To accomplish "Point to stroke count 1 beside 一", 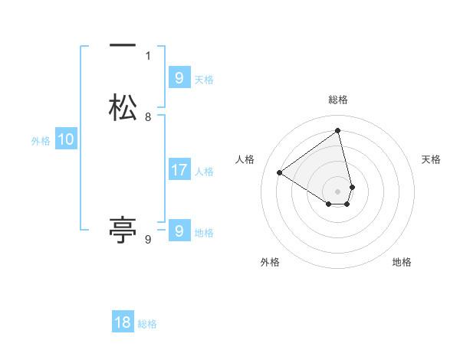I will point(148,56).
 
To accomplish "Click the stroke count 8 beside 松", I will point(148,117).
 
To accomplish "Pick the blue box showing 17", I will point(179,169).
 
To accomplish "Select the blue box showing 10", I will point(66,139).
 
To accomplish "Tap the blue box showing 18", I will point(123,322).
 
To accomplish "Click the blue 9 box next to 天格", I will point(179,77).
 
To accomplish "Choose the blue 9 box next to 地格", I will point(179,231).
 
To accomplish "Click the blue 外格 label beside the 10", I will point(41,141).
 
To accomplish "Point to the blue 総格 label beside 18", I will point(147,324).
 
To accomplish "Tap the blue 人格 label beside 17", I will point(204,172).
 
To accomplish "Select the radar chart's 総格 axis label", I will point(338,100).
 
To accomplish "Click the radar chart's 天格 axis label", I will point(432,159).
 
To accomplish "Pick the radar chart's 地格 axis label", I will point(402,262).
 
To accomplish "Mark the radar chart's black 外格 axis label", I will point(270,262).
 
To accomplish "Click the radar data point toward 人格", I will point(280,172).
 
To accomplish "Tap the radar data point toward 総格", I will point(338,130).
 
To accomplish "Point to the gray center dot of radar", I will point(338,191).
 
